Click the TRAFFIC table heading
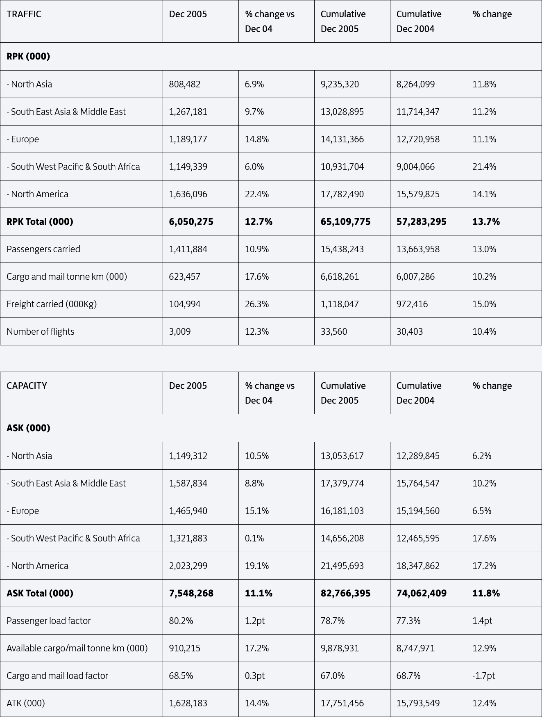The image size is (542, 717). (x=24, y=14)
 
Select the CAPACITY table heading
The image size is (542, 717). (x=27, y=386)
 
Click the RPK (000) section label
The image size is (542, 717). (x=28, y=57)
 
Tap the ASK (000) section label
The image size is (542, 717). (x=28, y=428)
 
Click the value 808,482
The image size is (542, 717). (x=185, y=84)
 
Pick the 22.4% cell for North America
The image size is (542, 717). (x=257, y=194)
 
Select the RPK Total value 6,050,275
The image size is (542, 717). (x=191, y=222)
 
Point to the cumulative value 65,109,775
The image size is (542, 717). (x=346, y=222)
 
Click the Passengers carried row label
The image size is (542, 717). (x=43, y=249)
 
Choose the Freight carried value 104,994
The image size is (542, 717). (x=185, y=304)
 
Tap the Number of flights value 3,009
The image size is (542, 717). (x=180, y=332)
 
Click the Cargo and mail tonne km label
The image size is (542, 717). (x=67, y=277)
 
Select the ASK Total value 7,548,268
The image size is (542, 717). (x=191, y=594)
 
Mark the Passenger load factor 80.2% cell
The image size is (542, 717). (x=181, y=621)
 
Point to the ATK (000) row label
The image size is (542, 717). (x=26, y=703)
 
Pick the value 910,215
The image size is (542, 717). (x=185, y=648)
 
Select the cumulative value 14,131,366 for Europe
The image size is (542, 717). (x=342, y=139)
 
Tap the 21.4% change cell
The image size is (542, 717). (x=484, y=167)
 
